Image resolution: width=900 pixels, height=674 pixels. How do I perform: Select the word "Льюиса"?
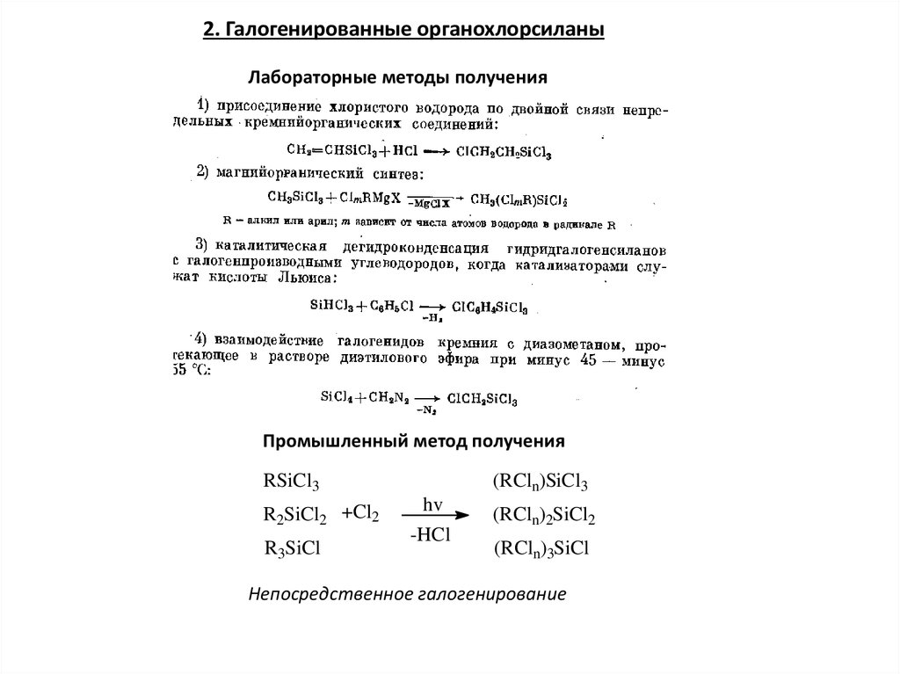(x=301, y=278)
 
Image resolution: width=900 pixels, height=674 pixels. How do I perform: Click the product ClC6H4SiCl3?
(x=490, y=308)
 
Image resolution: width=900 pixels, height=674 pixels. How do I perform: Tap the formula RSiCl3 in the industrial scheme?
(x=291, y=482)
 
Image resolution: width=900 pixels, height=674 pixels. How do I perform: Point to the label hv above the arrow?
(x=432, y=504)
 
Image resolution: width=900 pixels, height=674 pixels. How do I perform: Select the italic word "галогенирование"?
(x=491, y=595)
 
